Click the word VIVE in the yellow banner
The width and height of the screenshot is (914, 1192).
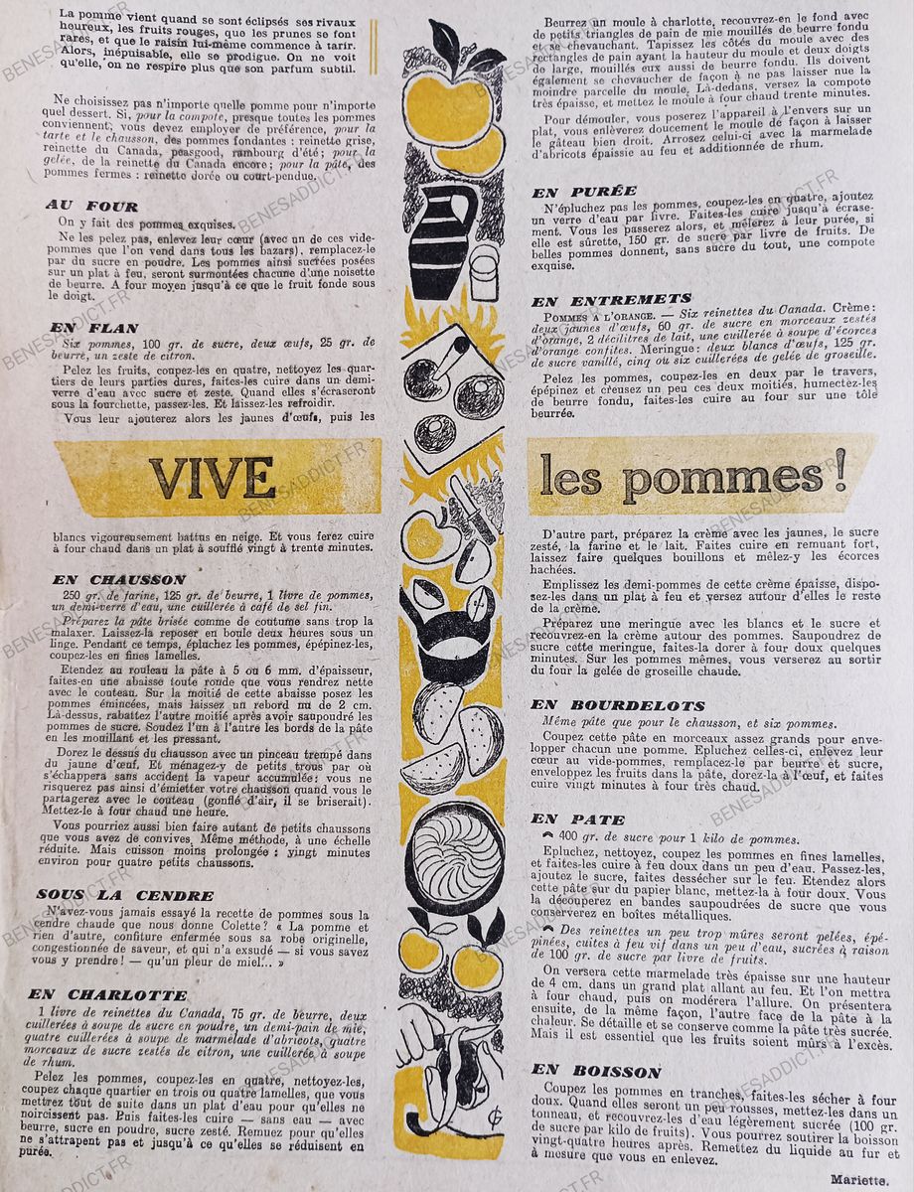[213, 477]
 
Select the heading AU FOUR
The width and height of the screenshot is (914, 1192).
[90, 206]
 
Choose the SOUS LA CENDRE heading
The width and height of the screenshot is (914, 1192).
[124, 894]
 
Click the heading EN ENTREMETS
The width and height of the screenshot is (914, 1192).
[611, 298]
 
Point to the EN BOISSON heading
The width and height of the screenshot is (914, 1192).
[595, 1071]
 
